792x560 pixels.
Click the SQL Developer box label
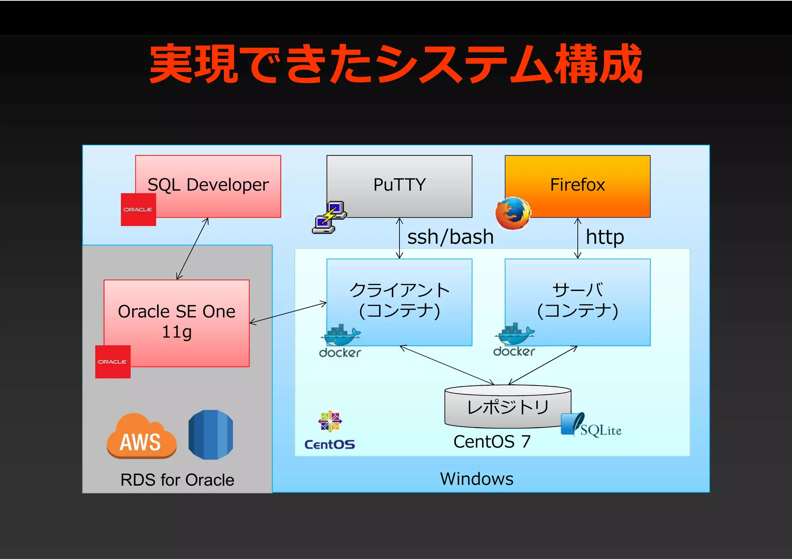click(x=208, y=185)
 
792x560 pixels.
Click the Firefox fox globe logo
click(x=513, y=213)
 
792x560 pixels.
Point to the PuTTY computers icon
click(x=329, y=217)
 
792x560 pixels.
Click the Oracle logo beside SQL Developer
click(x=138, y=209)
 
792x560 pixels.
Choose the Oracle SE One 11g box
click(x=176, y=322)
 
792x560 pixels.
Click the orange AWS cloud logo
click(x=141, y=436)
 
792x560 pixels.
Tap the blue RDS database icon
click(x=211, y=435)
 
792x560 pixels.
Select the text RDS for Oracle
click(x=177, y=480)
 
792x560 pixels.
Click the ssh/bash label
click(x=451, y=237)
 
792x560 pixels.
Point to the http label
click(x=604, y=237)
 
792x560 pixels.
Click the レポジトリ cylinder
click(x=507, y=406)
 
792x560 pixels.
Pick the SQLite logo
click(x=591, y=426)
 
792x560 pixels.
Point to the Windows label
click(x=476, y=479)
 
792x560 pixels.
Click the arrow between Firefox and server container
click(x=577, y=238)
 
